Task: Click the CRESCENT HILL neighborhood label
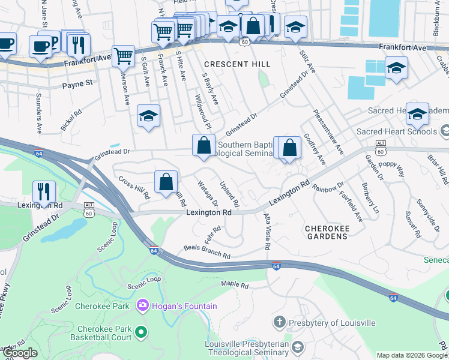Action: (x=237, y=64)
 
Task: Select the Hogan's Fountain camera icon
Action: (x=142, y=306)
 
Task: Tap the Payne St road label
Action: (x=78, y=85)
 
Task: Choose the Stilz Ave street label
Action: (x=308, y=62)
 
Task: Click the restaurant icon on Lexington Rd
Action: (x=44, y=192)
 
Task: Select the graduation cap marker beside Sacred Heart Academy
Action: (x=417, y=113)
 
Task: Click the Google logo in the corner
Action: (x=20, y=353)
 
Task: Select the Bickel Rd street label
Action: (x=71, y=120)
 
